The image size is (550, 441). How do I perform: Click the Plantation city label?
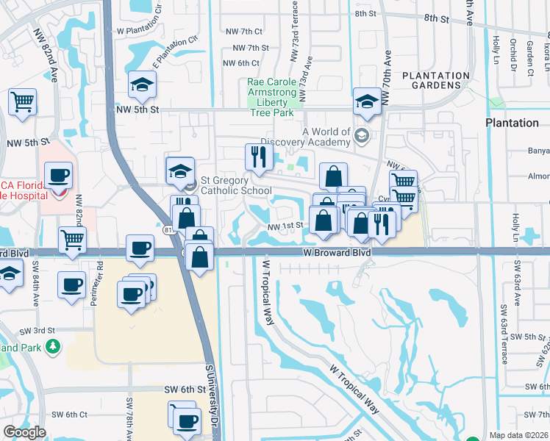pos(512,123)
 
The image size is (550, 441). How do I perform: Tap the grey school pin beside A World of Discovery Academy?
pos(361,135)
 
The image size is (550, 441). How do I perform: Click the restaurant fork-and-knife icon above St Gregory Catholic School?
pos(258,155)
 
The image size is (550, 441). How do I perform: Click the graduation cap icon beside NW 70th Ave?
pos(366,101)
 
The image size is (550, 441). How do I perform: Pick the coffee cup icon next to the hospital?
pos(58,175)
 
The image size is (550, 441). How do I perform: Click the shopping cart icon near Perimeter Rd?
pos(72,238)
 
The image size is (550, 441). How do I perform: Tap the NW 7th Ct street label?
pos(244,31)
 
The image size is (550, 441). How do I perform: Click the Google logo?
pos(24,432)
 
